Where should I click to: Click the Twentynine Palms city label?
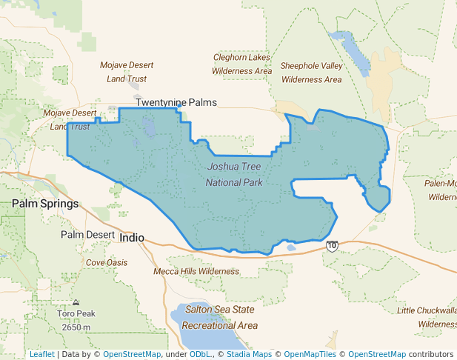[x=176, y=102]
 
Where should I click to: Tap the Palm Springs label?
[x=45, y=204]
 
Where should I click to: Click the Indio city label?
[x=131, y=238]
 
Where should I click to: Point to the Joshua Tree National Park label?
[x=234, y=174]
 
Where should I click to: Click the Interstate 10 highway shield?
[x=333, y=246]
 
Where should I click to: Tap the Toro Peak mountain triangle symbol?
[x=76, y=303]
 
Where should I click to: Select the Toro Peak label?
[x=76, y=314]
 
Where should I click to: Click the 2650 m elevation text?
[x=76, y=327]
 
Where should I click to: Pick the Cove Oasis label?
[x=107, y=263]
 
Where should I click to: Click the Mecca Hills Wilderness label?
[x=196, y=271]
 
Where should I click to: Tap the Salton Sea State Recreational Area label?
[x=220, y=317]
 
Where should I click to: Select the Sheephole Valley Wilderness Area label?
[x=312, y=73]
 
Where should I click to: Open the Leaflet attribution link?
[x=41, y=354]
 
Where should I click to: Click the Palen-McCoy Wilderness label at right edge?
[x=441, y=190]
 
